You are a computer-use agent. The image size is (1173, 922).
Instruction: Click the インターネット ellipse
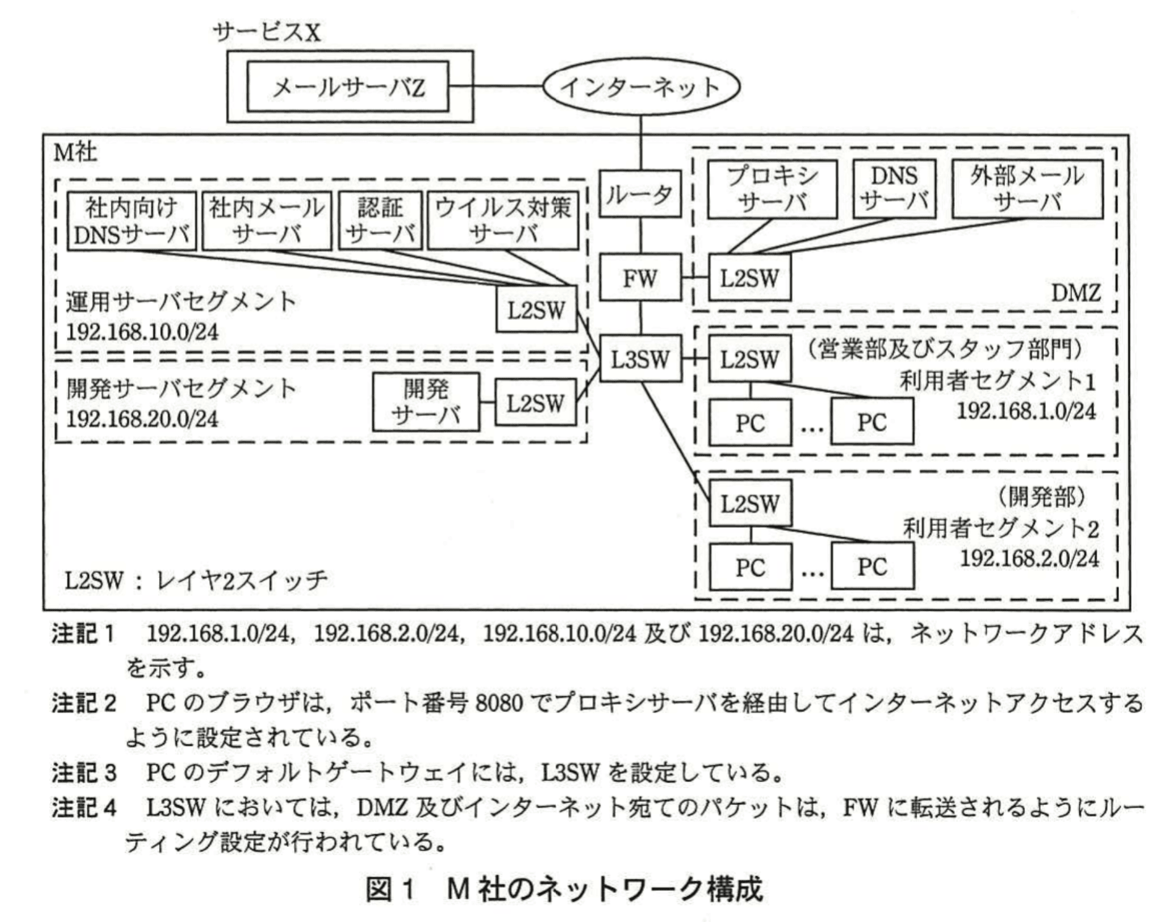point(641,87)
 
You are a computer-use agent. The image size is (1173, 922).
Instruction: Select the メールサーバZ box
point(347,86)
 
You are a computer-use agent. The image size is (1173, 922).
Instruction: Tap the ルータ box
point(640,194)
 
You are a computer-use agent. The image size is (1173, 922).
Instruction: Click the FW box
point(640,277)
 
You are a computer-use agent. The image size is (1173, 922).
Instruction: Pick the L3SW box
point(640,359)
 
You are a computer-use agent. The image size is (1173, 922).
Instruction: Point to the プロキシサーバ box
point(772,189)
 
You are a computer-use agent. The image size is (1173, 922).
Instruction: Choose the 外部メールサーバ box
point(1027,189)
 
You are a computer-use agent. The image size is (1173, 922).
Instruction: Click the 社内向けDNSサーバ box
point(132,221)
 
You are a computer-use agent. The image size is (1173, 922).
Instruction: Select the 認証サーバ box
point(380,221)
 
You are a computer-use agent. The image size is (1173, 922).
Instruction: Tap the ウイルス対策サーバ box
point(503,221)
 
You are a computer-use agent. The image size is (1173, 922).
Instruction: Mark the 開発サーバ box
point(426,402)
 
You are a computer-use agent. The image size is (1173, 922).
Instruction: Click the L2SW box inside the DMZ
point(749,277)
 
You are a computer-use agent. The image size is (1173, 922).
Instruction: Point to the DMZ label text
point(1076,292)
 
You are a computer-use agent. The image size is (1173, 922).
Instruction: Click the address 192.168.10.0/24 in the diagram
point(142,331)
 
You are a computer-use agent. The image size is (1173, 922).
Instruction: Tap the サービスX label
point(267,31)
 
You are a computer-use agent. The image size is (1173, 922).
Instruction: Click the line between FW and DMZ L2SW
point(694,277)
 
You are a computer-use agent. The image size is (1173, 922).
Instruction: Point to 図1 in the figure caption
point(390,889)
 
